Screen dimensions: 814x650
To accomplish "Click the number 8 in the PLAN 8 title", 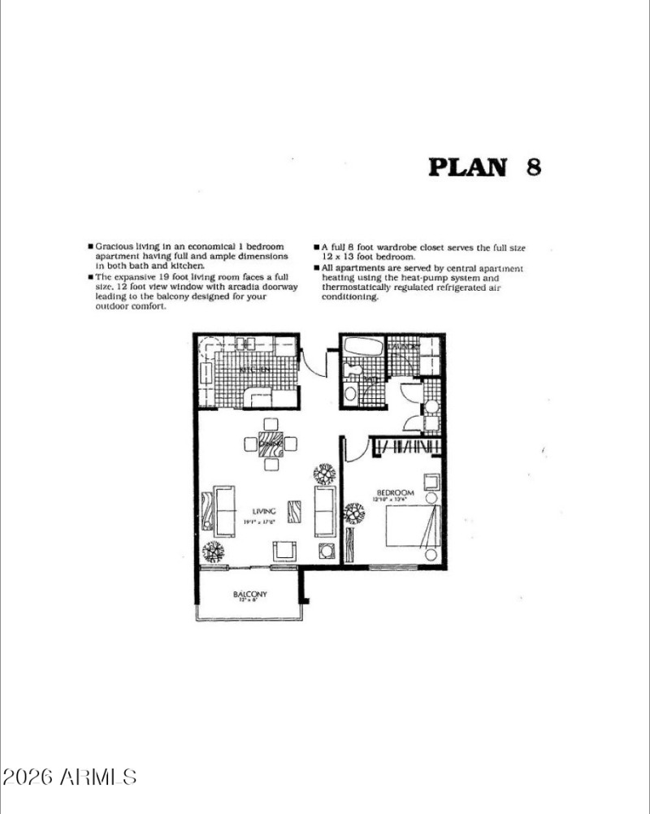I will [x=533, y=167].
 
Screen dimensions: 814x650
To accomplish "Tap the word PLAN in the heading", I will [x=467, y=167].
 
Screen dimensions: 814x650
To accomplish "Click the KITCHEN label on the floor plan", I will [x=254, y=370].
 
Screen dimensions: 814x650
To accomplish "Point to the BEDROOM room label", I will [x=396, y=492].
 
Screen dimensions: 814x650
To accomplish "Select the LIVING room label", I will [x=264, y=511].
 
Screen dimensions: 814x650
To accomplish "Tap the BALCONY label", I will [x=250, y=595].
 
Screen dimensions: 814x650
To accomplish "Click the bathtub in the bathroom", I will [x=362, y=347].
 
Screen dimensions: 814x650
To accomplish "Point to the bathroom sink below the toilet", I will [x=351, y=394].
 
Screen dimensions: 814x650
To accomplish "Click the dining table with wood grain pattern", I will [x=271, y=444].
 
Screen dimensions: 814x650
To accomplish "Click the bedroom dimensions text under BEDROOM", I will [x=395, y=500].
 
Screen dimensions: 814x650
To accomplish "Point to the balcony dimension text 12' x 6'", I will [x=250, y=601].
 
